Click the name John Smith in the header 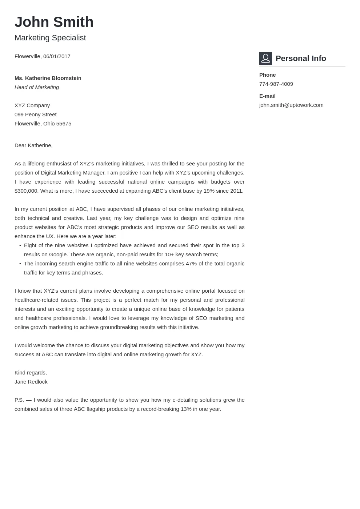click(x=54, y=22)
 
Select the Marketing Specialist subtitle click(x=50, y=38)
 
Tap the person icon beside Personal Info click(x=265, y=58)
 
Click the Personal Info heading click(x=301, y=59)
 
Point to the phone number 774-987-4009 click(x=276, y=84)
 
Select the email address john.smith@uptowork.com click(x=291, y=105)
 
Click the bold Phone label click(x=267, y=75)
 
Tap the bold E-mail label click(x=267, y=96)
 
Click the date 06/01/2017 click(x=57, y=56)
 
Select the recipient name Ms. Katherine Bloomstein click(x=48, y=78)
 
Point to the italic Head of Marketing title click(x=37, y=87)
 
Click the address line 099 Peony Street click(x=35, y=115)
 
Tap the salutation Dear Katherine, click(x=33, y=145)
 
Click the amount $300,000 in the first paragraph click(x=26, y=191)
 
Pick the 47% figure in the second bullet click(x=191, y=264)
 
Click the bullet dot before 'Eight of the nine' click(x=20, y=245)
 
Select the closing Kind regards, click(x=31, y=373)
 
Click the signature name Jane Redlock click(x=31, y=382)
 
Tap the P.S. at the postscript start click(x=19, y=400)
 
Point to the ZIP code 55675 click(x=64, y=124)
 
